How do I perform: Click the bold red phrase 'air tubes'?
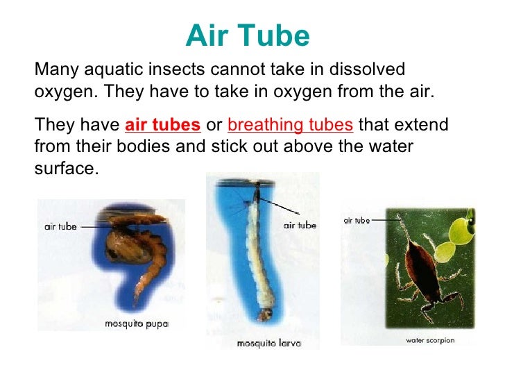(163, 126)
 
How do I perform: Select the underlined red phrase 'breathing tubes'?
(291, 126)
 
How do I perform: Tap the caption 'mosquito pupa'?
(137, 323)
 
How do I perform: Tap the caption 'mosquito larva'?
(266, 343)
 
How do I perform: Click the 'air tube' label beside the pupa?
(60, 226)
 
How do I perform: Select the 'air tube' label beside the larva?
(300, 225)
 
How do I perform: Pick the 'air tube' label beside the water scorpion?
(357, 220)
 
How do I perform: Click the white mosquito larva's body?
(259, 264)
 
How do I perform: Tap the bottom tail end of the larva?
(264, 317)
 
